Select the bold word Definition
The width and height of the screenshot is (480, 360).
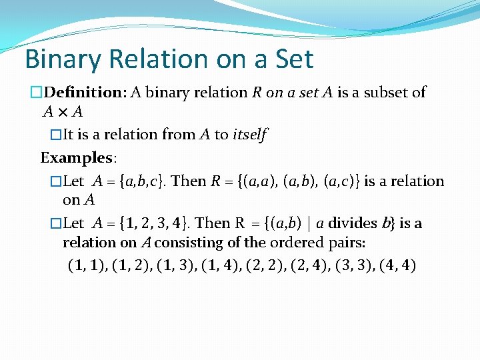[83, 93]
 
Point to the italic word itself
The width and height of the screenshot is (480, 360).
[249, 135]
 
